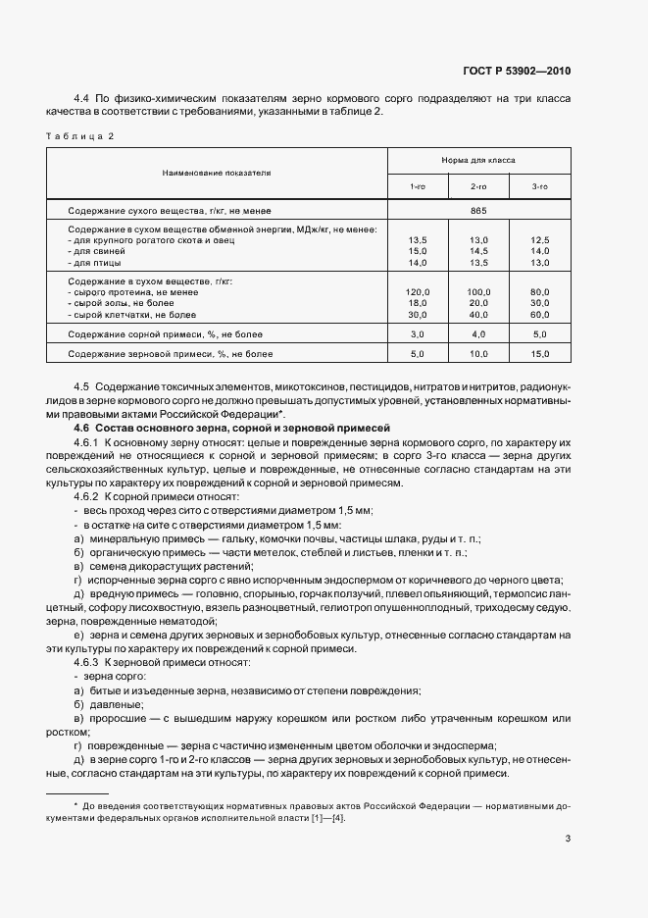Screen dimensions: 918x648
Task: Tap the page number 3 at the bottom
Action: point(569,839)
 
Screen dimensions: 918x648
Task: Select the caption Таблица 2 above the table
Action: point(80,135)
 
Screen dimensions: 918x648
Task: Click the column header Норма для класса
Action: point(478,159)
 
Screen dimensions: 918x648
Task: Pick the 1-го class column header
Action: point(418,185)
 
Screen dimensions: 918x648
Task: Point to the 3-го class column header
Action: point(539,185)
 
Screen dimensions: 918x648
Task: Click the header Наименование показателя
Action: point(217,172)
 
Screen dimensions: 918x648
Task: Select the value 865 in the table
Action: point(478,211)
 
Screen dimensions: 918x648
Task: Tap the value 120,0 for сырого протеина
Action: point(418,292)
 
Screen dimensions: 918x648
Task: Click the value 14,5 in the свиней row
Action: point(479,251)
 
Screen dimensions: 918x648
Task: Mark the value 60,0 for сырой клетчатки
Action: point(539,315)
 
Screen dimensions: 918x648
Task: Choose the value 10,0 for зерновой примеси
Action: point(479,353)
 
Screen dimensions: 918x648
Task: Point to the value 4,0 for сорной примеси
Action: point(479,334)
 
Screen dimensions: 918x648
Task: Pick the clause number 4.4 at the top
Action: point(82,99)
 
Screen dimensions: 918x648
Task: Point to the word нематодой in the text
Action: point(180,622)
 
